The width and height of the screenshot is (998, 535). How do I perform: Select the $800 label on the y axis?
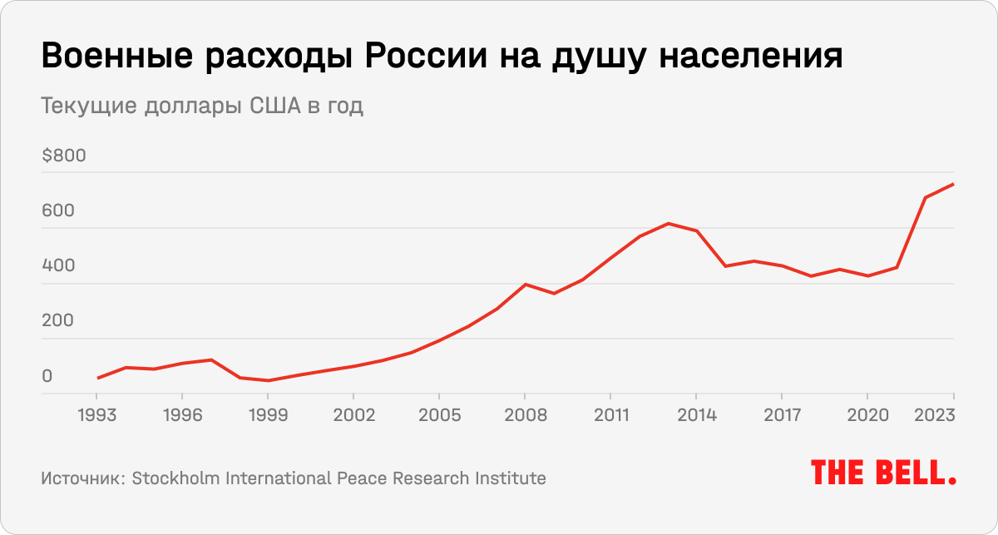[63, 156]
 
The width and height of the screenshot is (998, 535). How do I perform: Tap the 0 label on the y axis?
[47, 376]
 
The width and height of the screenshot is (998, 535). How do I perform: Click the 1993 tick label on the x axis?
[97, 414]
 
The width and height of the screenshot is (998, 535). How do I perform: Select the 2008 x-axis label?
[525, 414]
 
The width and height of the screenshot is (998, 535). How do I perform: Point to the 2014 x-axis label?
[696, 414]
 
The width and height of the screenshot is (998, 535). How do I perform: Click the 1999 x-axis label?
[268, 414]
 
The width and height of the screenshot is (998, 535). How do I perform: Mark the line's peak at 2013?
[668, 223]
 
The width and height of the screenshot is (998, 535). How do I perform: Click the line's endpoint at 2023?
[953, 184]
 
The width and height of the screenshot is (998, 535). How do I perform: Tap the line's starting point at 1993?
[97, 379]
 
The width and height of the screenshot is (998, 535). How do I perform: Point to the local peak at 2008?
[525, 285]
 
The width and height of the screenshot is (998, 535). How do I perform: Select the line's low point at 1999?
[268, 381]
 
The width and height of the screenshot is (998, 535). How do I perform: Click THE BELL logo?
[883, 473]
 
